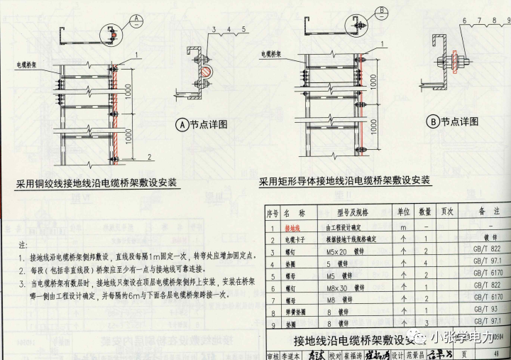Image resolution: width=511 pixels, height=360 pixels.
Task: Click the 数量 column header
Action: [x=424, y=212]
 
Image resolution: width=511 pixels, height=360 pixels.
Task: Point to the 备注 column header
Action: [x=490, y=212]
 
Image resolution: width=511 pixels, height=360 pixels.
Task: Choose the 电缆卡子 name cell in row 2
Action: [x=294, y=240]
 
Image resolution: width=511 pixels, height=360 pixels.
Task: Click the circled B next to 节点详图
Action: [x=432, y=121]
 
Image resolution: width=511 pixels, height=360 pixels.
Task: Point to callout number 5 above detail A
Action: [x=243, y=28]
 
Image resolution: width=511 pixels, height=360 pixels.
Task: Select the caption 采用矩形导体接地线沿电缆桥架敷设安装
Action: [x=344, y=181]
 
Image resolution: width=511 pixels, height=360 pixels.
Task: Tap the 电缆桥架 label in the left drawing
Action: [x=28, y=64]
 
